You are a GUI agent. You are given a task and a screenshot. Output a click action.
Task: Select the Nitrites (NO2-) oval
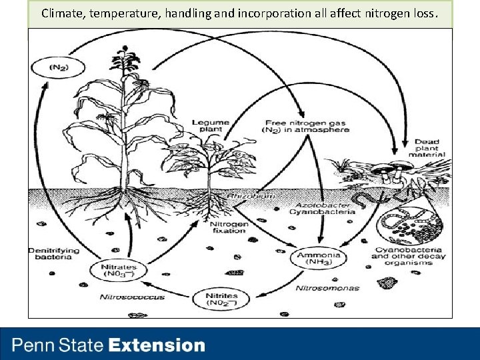coord(218,299)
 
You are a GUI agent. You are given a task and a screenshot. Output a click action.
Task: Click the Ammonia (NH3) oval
coord(318,258)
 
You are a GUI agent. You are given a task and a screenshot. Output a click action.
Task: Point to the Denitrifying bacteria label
coord(54,253)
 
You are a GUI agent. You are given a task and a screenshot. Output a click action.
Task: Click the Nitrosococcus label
coord(132,297)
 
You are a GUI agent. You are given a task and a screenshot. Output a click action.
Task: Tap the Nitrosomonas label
coord(327,288)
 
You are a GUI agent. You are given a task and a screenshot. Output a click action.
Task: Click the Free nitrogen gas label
coord(307,126)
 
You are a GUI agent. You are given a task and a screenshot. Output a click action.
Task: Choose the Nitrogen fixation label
coord(229,229)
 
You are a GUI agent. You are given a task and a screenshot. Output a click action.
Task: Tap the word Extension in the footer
coord(157,345)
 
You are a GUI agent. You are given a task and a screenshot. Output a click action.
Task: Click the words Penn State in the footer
coord(58,345)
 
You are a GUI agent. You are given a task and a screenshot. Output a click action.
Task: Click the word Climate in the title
coord(61,13)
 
